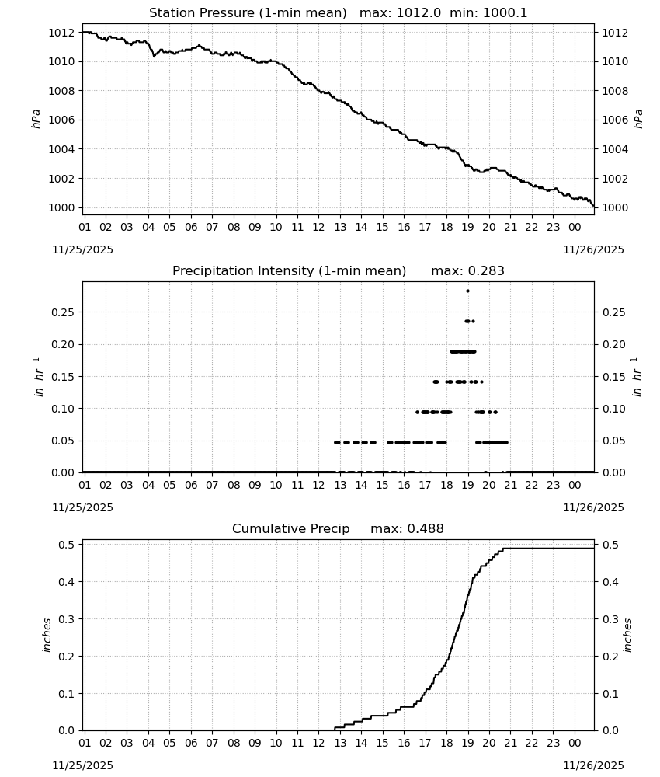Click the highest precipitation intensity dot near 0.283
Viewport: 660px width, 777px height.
(x=468, y=291)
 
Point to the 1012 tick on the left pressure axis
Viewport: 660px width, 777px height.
(x=61, y=33)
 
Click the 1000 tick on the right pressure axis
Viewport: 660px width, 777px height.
(x=615, y=207)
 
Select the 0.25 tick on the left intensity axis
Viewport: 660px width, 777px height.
(x=63, y=312)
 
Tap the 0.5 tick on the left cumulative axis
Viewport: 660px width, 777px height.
(x=66, y=544)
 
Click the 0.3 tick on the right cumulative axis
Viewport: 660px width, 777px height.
(x=610, y=619)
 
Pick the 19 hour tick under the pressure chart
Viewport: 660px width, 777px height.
(x=468, y=227)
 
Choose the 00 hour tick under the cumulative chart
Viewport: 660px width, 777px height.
(x=575, y=743)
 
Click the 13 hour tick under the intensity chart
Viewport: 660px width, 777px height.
(x=340, y=485)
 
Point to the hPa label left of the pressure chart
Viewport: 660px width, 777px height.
(x=36, y=119)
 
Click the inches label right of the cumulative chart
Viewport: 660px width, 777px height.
(x=627, y=635)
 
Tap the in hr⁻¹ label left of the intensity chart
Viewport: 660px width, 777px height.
(x=39, y=377)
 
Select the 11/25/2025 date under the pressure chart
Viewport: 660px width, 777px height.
(x=83, y=249)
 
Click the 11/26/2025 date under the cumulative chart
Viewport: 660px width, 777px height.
(x=594, y=765)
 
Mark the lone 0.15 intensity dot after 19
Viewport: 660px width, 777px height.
(x=481, y=382)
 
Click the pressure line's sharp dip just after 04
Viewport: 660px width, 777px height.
(x=154, y=57)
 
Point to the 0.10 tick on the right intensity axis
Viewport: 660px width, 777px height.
(x=614, y=409)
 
